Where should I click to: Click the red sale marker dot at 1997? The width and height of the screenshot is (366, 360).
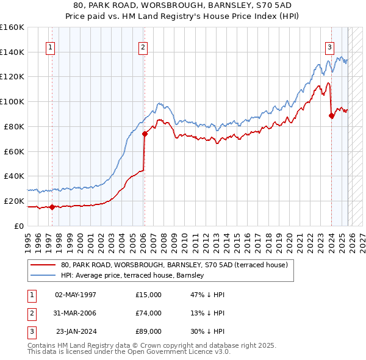pyautogui.click(x=52, y=207)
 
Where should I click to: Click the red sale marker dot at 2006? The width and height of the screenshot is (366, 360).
pyautogui.click(x=145, y=134)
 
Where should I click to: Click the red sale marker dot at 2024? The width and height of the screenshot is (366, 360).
pyautogui.click(x=331, y=115)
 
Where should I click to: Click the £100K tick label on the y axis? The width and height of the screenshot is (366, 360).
pyautogui.click(x=12, y=101)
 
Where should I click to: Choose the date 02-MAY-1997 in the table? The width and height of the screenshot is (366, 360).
pyautogui.click(x=76, y=295)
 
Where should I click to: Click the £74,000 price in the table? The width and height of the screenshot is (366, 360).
pyautogui.click(x=149, y=313)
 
